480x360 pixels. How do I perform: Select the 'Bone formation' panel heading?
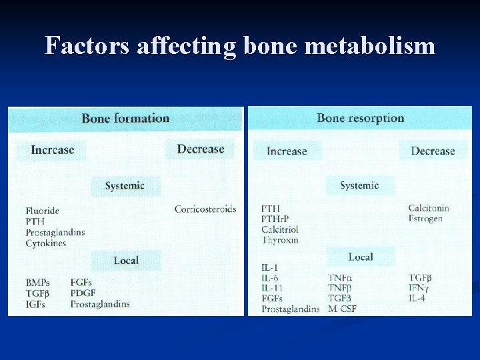(x=125, y=119)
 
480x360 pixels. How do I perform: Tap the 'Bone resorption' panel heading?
(x=360, y=118)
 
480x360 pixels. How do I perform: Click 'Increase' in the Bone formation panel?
(x=53, y=149)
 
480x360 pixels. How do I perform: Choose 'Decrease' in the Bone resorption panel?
(x=433, y=151)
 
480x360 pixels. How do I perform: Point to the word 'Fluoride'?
(x=43, y=211)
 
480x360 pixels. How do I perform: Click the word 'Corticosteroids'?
(x=205, y=209)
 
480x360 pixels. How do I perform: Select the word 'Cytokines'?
(x=45, y=243)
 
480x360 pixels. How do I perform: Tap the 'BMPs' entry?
(x=38, y=283)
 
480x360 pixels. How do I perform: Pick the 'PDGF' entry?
(x=83, y=293)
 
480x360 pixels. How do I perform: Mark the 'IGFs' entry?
(x=37, y=304)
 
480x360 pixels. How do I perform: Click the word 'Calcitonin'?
(x=429, y=208)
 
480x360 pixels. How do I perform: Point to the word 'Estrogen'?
(x=425, y=219)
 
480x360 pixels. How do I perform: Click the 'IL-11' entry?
(x=273, y=288)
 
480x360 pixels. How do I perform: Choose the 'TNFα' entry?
(x=341, y=277)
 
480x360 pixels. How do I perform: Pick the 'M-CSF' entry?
(x=343, y=309)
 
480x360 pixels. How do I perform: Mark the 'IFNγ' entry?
(x=419, y=288)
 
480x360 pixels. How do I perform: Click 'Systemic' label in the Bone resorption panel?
(x=359, y=185)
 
